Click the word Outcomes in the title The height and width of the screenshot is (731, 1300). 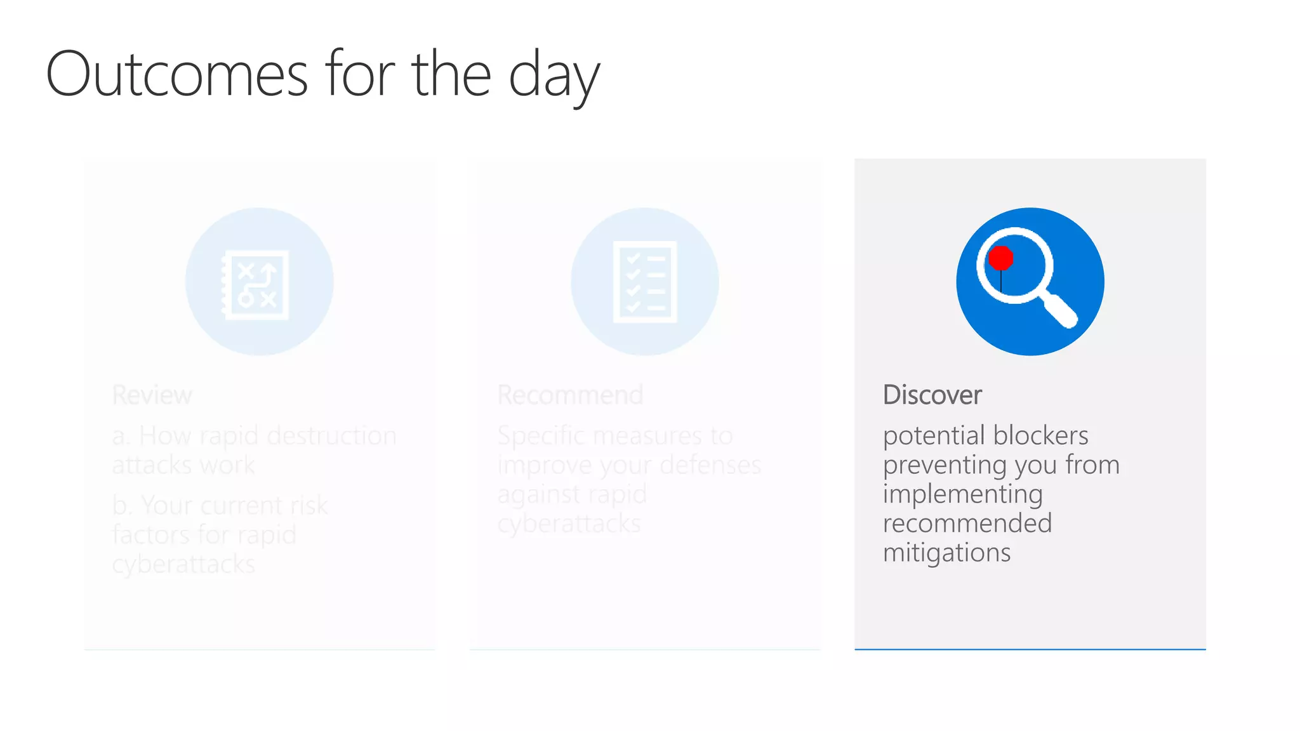click(177, 75)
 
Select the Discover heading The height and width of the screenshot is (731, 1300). click(932, 395)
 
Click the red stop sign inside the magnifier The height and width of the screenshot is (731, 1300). click(1001, 258)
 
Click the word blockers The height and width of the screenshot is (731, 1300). click(1041, 435)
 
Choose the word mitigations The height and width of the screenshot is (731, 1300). click(946, 553)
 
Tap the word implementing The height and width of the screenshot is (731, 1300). click(962, 494)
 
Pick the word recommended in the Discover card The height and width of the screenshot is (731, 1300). click(967, 524)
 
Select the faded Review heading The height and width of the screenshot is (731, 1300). click(152, 395)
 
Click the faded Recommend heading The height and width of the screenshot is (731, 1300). click(570, 395)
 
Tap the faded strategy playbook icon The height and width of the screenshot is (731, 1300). click(257, 284)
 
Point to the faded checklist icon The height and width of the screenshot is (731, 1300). click(644, 282)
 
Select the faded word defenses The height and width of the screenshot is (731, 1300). click(710, 465)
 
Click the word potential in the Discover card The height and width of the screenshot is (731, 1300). click(934, 436)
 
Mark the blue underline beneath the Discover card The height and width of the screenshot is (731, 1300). click(1030, 649)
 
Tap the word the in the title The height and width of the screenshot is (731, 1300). click(451, 75)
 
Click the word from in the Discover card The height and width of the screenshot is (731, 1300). click(1092, 465)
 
